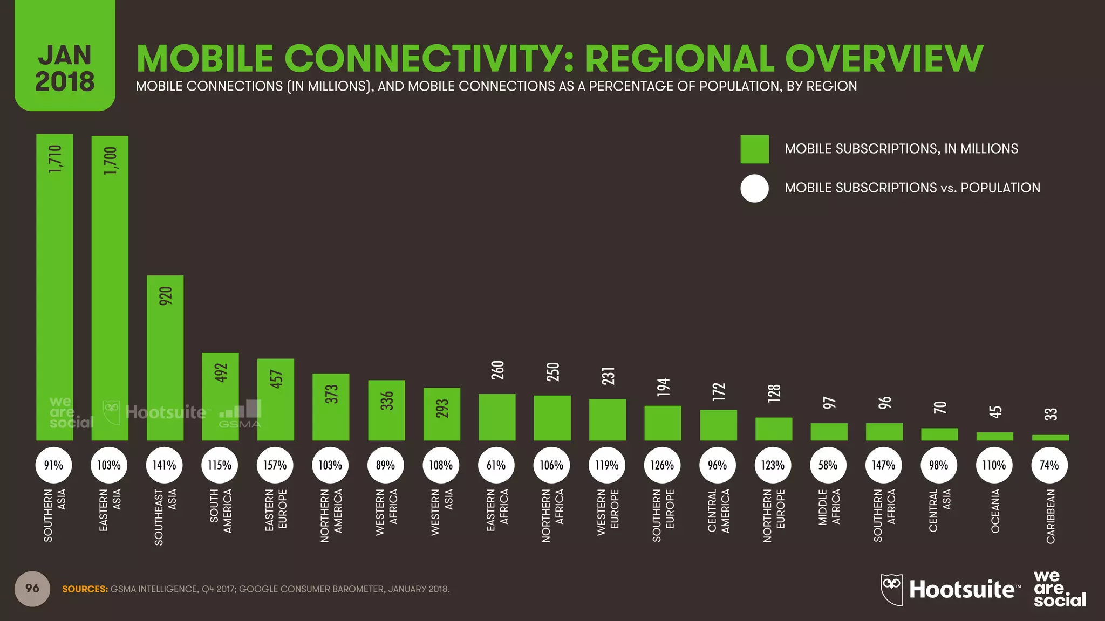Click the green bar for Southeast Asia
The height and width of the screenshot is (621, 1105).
coord(165,367)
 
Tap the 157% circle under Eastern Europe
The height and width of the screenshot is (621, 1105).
coord(275,465)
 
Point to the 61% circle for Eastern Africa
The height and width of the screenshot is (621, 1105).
coord(496,465)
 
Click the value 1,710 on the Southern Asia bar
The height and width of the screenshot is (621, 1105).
coord(55,159)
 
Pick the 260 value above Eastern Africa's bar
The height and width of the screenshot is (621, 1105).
coord(497,370)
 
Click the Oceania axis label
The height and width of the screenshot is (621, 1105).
coord(995,511)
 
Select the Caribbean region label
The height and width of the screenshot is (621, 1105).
coord(1051,516)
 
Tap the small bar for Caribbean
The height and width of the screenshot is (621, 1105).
coord(1050,438)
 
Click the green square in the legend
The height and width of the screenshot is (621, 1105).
coord(754,149)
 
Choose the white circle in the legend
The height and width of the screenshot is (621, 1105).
coord(754,188)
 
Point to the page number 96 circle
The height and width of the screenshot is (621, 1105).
coord(32,589)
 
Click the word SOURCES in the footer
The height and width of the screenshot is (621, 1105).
coord(85,589)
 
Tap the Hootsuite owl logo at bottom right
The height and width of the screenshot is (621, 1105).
coord(891,589)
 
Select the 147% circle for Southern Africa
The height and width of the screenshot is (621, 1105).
coord(883,465)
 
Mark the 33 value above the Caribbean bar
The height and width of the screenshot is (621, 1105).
coord(1051,414)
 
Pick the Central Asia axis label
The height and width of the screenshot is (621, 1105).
coord(940,509)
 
